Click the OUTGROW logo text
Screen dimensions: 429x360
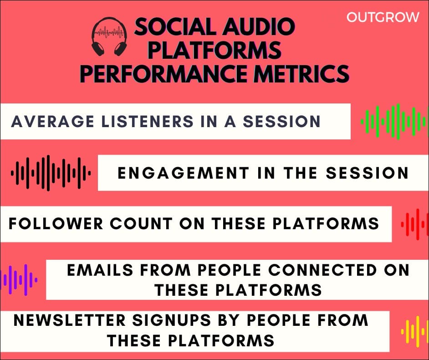click(x=383, y=17)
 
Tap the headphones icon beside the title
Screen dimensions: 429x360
click(x=109, y=37)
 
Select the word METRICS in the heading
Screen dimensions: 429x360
click(x=301, y=74)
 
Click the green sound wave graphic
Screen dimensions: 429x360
click(x=394, y=121)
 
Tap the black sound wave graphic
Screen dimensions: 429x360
click(x=51, y=173)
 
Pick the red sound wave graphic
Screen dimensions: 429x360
click(x=415, y=224)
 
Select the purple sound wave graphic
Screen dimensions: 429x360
click(x=19, y=279)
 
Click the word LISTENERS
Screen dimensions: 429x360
click(x=147, y=121)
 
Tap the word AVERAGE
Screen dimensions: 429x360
click(x=52, y=121)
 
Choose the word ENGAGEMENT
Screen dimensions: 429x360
click(x=184, y=173)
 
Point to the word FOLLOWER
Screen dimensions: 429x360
click(x=56, y=224)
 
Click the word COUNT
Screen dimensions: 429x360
click(x=141, y=224)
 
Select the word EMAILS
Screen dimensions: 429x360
click(x=100, y=270)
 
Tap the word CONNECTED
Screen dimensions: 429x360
click(x=322, y=270)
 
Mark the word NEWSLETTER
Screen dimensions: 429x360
click(x=70, y=320)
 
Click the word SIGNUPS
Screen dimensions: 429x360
click(x=172, y=320)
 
